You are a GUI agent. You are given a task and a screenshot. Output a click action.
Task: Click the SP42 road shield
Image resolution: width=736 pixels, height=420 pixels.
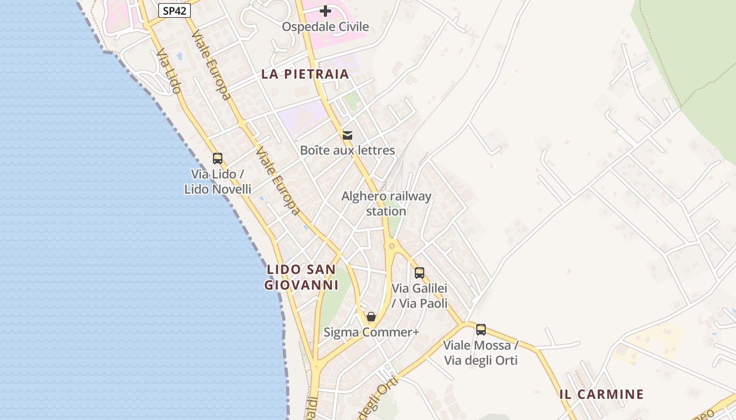(x=174, y=10)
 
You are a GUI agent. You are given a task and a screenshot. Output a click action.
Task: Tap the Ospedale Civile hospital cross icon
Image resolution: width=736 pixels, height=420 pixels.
(x=325, y=10)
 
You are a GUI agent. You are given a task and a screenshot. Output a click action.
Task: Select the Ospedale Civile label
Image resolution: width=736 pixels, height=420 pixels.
(x=325, y=26)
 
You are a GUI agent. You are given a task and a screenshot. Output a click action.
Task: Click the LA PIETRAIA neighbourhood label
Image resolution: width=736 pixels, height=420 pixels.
(x=305, y=74)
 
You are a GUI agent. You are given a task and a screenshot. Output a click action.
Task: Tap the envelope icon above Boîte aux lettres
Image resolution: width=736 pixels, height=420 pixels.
(x=347, y=135)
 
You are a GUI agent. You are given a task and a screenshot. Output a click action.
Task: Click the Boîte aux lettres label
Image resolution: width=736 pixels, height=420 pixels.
(x=347, y=150)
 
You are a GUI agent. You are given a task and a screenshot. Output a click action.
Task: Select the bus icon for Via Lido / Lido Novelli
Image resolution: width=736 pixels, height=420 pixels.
(x=217, y=158)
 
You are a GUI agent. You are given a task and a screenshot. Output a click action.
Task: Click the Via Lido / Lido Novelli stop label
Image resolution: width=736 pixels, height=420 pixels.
(x=217, y=181)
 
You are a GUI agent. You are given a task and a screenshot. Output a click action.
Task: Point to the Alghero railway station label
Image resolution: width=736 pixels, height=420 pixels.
(x=386, y=204)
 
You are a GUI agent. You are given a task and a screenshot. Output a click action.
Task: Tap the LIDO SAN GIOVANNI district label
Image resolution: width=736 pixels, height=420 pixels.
(x=301, y=277)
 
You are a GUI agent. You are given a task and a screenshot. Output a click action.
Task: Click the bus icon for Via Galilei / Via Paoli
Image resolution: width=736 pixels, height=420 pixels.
(x=419, y=273)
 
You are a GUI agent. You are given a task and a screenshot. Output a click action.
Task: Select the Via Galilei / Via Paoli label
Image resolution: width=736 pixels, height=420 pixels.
(x=420, y=296)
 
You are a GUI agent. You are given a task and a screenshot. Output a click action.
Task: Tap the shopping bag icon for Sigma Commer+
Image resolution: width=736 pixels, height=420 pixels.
(x=371, y=317)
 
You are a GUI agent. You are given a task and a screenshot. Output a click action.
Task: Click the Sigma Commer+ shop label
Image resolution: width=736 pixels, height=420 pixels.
(x=371, y=332)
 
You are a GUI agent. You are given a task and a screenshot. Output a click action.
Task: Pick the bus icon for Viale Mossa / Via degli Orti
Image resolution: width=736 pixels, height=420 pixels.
(x=481, y=330)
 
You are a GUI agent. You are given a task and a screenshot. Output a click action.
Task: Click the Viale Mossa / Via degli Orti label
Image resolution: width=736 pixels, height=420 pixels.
(x=481, y=353)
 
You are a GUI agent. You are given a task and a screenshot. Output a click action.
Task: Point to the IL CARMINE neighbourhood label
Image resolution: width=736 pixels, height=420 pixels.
(x=601, y=394)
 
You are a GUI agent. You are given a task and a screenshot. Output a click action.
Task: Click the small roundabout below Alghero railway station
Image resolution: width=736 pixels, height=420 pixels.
(x=392, y=245)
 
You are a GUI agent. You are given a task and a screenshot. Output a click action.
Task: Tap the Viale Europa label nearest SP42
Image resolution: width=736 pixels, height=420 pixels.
(x=211, y=65)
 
